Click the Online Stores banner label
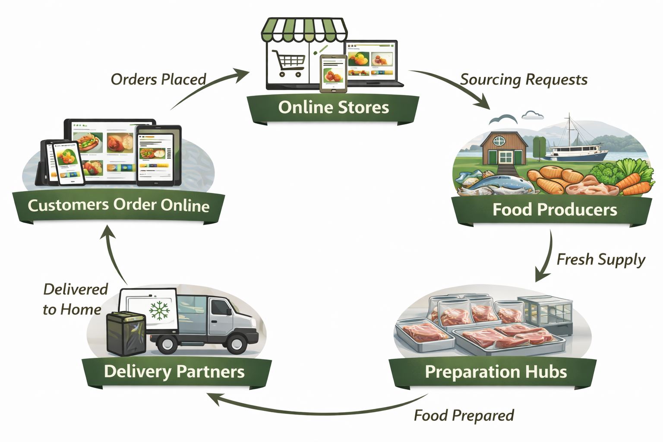point(333,107)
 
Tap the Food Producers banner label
point(554,210)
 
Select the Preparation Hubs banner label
point(496,372)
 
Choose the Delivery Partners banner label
point(174,372)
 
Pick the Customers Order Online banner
point(118,205)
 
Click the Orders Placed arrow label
point(158,79)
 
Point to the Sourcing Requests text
point(524,80)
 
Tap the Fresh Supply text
point(600,260)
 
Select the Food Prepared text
point(464,416)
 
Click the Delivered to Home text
point(74,299)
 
